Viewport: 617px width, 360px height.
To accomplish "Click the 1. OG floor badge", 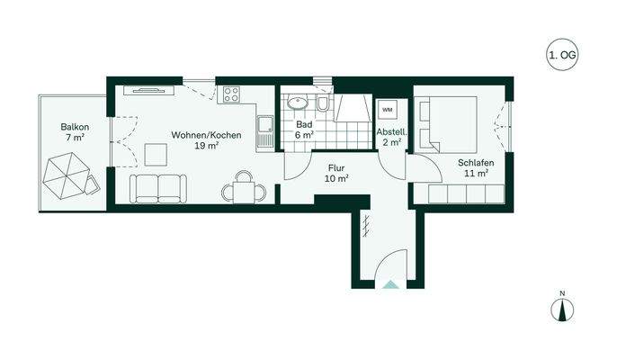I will pos(562,56).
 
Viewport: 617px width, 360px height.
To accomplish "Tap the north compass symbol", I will pos(561,309).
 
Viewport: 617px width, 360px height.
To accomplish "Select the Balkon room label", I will pos(73,127).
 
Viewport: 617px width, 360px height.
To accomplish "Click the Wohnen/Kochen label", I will pos(206,135).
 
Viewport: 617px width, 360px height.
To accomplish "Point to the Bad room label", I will pos(306,123).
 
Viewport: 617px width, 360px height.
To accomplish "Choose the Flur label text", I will pos(336,167).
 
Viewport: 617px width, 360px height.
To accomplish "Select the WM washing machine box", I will pos(388,109).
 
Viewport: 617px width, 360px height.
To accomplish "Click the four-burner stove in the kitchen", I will pos(231,94).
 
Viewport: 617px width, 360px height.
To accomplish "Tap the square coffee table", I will pos(157,154).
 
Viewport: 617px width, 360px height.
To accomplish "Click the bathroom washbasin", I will pos(296,103).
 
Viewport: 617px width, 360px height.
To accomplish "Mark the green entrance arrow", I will pos(389,283).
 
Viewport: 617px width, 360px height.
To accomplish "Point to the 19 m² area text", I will pos(206,146).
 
